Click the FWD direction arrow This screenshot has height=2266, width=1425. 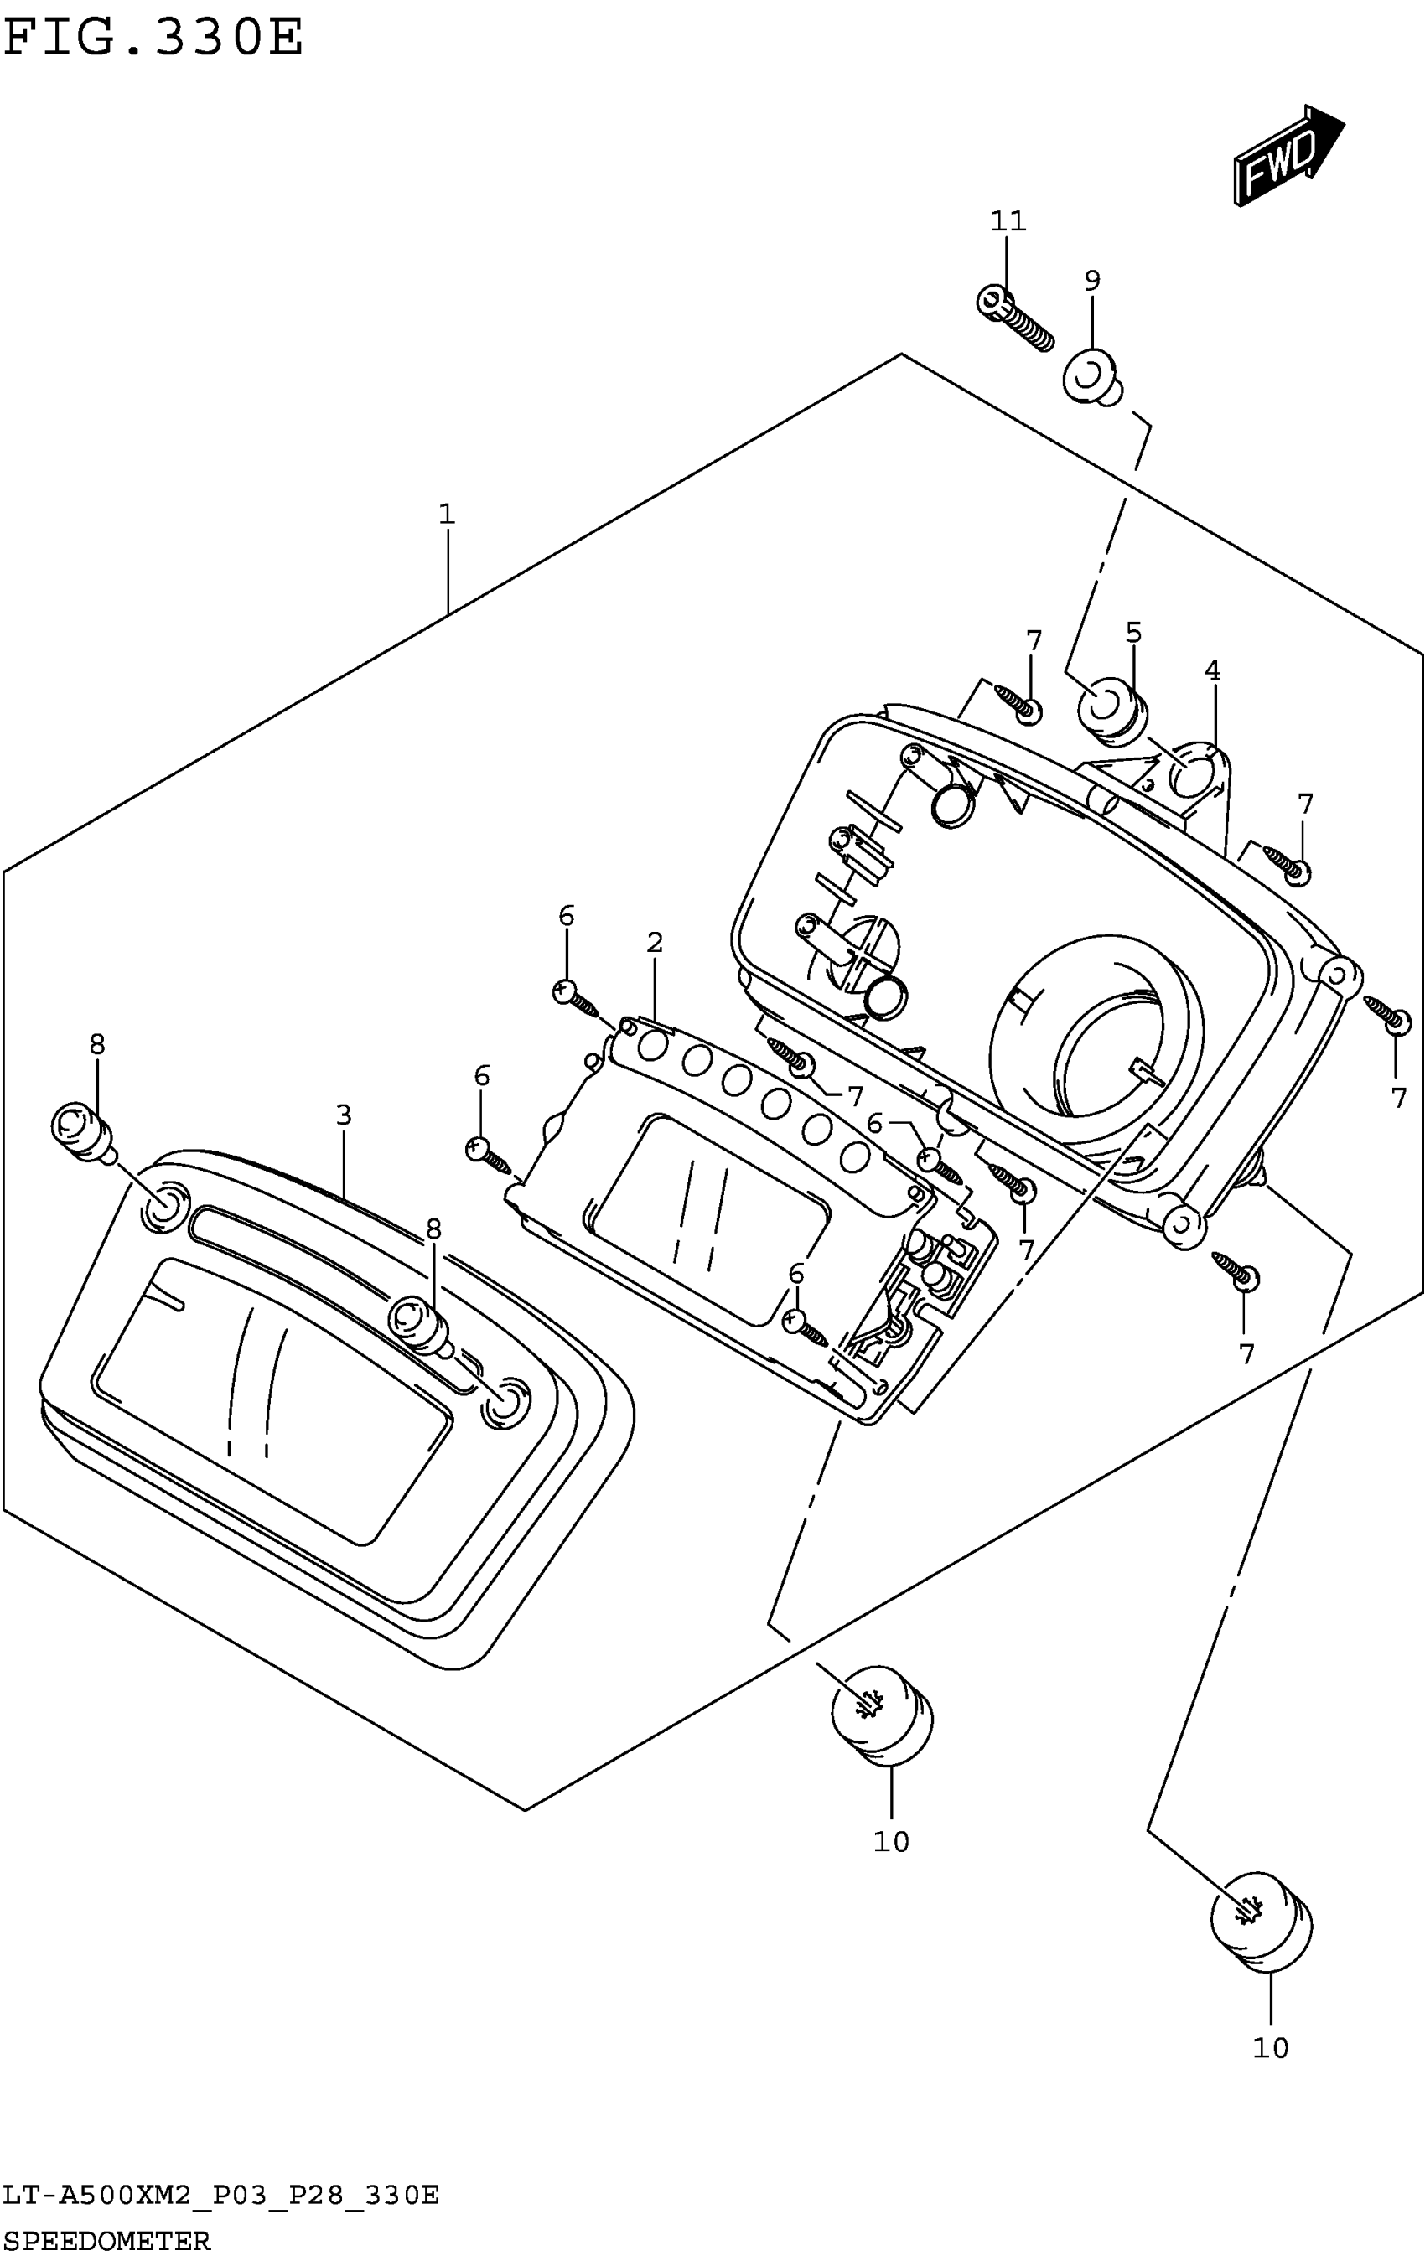(x=1288, y=155)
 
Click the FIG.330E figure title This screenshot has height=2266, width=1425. (x=153, y=39)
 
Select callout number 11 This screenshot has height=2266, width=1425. (x=1007, y=222)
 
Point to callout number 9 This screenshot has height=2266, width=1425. (x=1092, y=281)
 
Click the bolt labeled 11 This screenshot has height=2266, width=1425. (x=1013, y=319)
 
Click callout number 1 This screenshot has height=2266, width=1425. (x=446, y=515)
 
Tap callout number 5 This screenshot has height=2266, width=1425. (x=1133, y=633)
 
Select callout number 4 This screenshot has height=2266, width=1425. (x=1212, y=671)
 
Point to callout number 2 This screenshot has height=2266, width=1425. (x=654, y=942)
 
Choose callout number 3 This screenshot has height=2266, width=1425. (x=344, y=1115)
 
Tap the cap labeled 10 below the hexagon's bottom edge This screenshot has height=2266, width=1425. (x=882, y=1715)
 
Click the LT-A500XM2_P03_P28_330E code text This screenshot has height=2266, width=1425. (x=221, y=2196)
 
